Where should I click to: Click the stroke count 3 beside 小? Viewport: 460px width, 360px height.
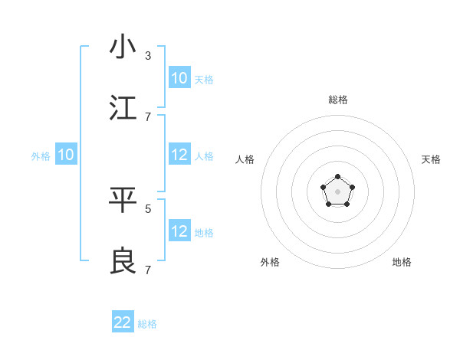point(148,56)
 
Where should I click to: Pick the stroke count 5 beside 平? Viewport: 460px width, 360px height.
point(148,208)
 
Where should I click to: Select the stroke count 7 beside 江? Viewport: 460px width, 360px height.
point(148,116)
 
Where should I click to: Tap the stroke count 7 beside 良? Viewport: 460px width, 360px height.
point(148,270)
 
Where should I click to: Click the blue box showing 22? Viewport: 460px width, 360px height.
point(123,322)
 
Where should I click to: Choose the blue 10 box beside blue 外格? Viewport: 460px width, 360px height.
point(66,155)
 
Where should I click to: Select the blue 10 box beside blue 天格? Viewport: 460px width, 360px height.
point(179,78)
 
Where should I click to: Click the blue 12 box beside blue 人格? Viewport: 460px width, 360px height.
point(179,155)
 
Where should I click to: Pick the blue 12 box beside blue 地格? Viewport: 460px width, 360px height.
point(179,231)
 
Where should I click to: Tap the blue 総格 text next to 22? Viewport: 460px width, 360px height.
point(147,324)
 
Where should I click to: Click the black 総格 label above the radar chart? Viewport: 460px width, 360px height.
point(338,100)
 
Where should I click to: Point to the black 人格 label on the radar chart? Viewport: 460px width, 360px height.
point(245,159)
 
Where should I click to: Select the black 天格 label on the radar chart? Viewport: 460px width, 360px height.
point(431,159)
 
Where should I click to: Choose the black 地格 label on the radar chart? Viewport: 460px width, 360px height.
point(402,262)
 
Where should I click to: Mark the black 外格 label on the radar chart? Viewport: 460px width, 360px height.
point(270,262)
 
